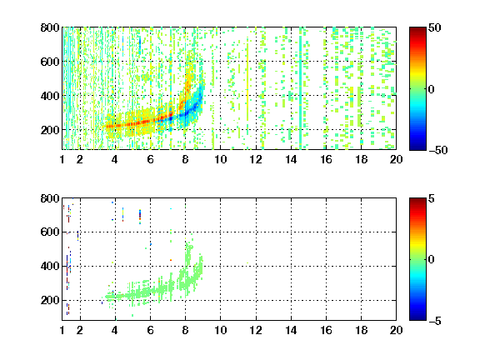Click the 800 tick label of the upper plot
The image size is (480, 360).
(x=50, y=27)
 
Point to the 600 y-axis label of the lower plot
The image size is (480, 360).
(x=50, y=232)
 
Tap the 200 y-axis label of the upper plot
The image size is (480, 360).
(x=50, y=130)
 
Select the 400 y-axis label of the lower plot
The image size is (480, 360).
(x=50, y=266)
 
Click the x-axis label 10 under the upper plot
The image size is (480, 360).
(x=220, y=159)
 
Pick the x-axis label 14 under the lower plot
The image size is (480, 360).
(x=291, y=330)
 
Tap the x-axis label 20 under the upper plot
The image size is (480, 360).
(x=396, y=159)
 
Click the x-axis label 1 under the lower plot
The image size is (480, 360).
(x=62, y=330)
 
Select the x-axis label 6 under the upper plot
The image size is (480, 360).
(x=150, y=159)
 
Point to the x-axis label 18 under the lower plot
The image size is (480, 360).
(x=361, y=330)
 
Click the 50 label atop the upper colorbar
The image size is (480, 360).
(x=434, y=27)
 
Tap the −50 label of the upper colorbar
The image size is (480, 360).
(x=438, y=150)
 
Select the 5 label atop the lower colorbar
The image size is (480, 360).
(x=432, y=198)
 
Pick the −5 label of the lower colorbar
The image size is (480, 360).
(x=435, y=321)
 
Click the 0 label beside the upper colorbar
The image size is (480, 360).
(x=432, y=89)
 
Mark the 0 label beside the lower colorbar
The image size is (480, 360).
(x=432, y=260)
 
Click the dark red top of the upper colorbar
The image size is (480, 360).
(x=417, y=30)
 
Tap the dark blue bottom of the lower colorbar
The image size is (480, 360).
(x=417, y=317)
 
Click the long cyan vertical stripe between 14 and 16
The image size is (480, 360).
(x=300, y=88)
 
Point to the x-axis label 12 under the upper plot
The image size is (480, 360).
(x=256, y=159)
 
